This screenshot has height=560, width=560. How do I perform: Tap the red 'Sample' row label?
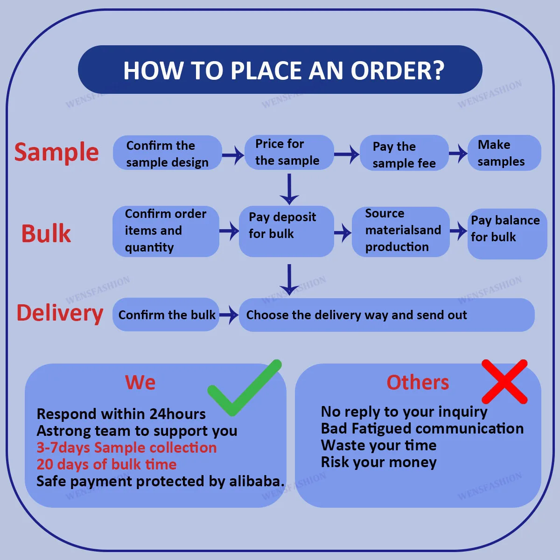[56, 152]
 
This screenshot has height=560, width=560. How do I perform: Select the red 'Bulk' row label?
[46, 233]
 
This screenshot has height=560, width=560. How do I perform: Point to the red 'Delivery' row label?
[60, 313]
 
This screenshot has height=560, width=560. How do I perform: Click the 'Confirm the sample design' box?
[167, 153]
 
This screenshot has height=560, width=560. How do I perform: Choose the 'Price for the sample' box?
[289, 152]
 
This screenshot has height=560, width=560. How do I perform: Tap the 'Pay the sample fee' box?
[404, 154]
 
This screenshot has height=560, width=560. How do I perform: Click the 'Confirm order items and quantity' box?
[166, 231]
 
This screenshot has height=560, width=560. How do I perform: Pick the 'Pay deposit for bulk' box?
[286, 231]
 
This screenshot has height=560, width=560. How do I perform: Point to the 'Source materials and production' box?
[400, 231]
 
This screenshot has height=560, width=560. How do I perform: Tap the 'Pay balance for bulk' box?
[507, 233]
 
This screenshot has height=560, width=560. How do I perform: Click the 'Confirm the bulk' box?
[166, 315]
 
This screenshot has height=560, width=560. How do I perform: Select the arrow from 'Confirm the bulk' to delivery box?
[229, 315]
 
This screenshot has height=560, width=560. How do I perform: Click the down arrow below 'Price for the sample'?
[289, 189]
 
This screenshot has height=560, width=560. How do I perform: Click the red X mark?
[504, 382]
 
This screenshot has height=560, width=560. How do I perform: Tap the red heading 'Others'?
[418, 383]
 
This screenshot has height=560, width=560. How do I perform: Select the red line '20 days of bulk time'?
[107, 464]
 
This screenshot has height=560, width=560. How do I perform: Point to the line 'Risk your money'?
[379, 462]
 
